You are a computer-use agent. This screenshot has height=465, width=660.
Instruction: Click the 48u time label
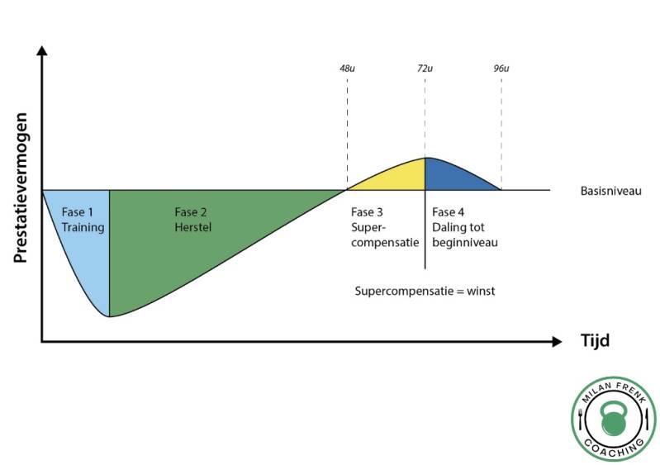click(x=348, y=69)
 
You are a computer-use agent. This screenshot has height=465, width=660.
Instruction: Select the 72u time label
click(x=425, y=69)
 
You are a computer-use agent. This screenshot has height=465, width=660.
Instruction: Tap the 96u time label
click(x=501, y=69)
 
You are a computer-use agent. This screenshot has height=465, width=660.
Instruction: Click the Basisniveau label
click(x=610, y=192)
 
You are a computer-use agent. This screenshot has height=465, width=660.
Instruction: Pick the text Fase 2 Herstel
click(x=192, y=219)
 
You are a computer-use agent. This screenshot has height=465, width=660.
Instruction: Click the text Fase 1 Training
click(x=83, y=219)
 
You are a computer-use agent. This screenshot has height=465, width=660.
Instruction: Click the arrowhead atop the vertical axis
click(x=42, y=52)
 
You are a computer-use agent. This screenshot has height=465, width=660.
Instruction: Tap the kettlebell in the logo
click(x=613, y=420)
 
